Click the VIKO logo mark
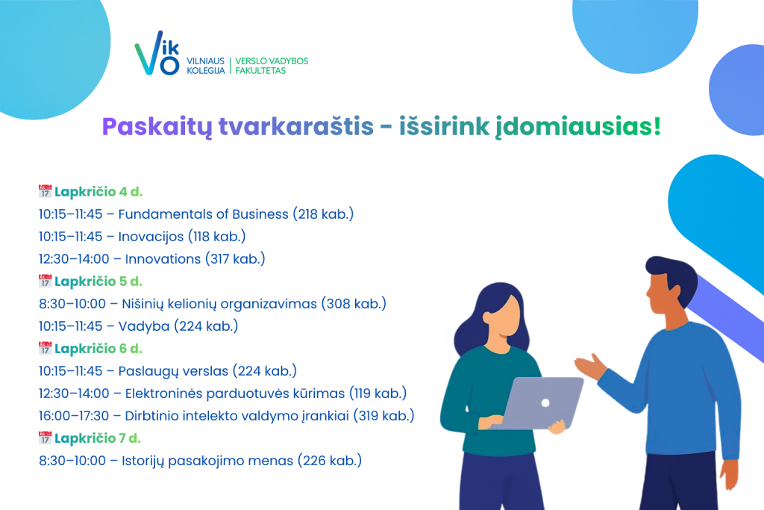[157, 53]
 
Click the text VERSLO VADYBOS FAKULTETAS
[272, 66]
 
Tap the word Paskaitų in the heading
[157, 127]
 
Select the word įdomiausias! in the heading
[578, 127]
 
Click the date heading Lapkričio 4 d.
[98, 192]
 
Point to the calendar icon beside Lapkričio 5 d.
[45, 281]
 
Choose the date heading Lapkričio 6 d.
[98, 349]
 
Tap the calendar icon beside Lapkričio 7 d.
[45, 438]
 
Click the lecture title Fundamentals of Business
[203, 214]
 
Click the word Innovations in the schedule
[163, 259]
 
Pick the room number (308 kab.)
[353, 304]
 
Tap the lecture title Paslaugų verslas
[173, 371]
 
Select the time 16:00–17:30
[74, 416]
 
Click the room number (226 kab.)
[329, 461]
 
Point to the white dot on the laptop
[545, 402]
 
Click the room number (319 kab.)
[383, 416]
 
